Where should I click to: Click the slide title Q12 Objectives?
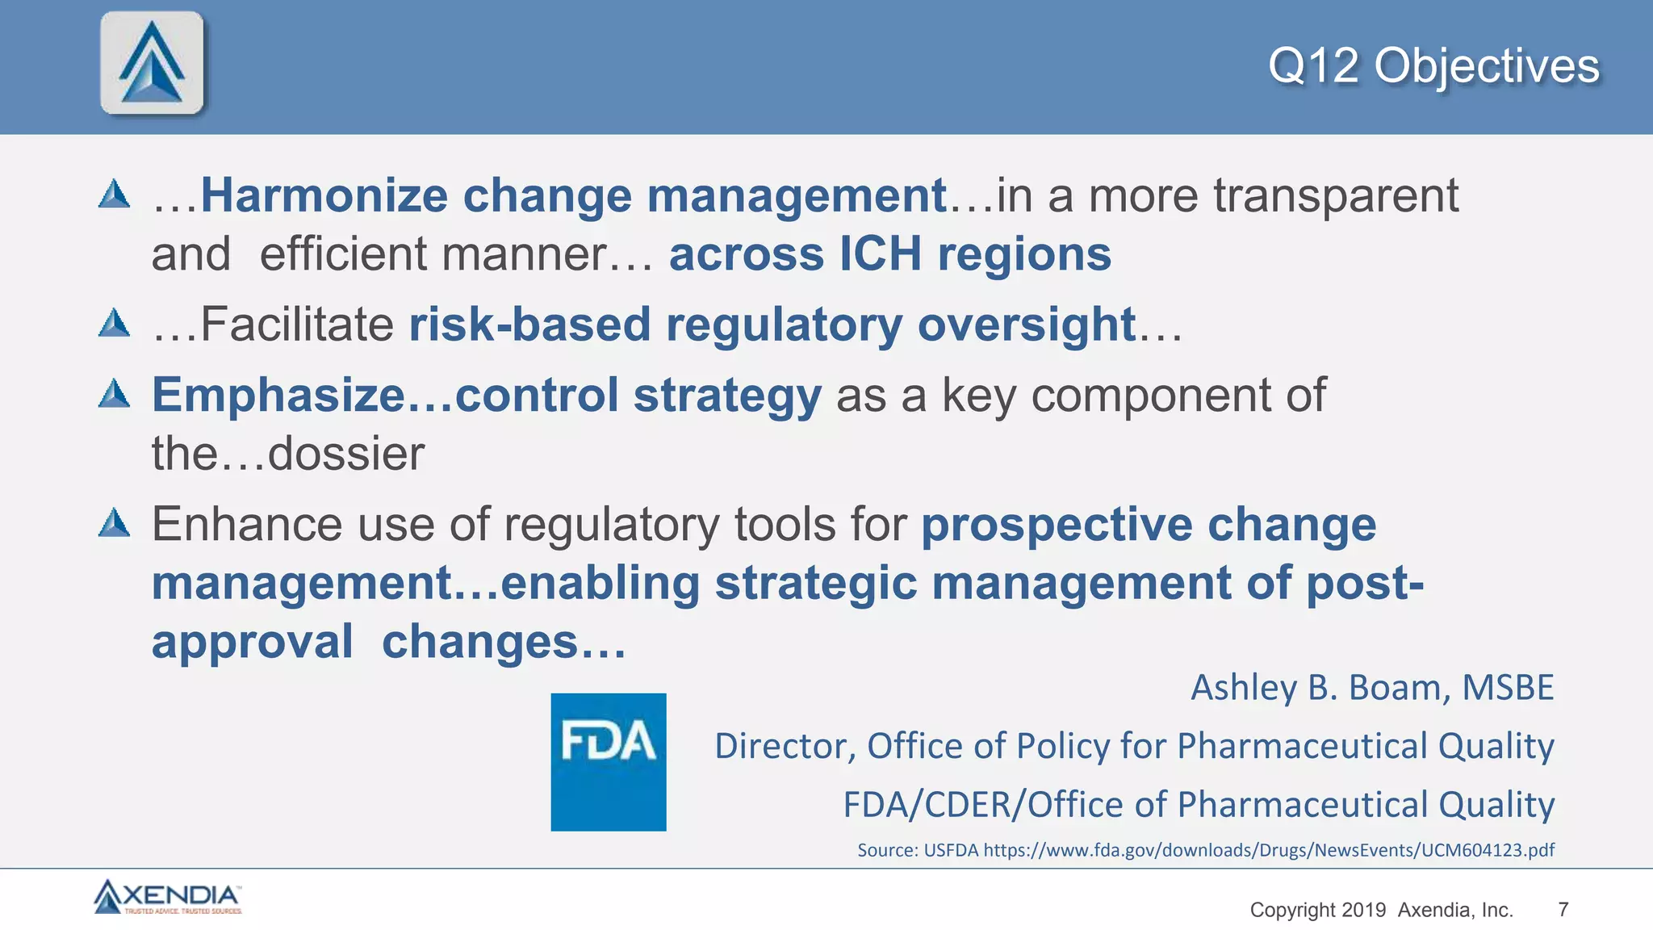(x=1433, y=66)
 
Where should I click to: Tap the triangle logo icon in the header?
(x=152, y=63)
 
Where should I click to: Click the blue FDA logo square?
(x=609, y=761)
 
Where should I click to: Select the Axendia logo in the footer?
(x=168, y=897)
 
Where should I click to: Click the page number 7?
(x=1563, y=910)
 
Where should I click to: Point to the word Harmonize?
(x=324, y=196)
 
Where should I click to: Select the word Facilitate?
(x=297, y=325)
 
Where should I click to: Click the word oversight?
(x=1027, y=325)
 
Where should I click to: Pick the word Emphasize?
(x=278, y=396)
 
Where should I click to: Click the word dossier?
(x=345, y=454)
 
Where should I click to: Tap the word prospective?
(x=1057, y=526)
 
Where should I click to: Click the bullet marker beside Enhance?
(x=115, y=523)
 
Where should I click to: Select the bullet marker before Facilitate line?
(x=115, y=324)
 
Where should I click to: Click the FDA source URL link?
(x=1268, y=850)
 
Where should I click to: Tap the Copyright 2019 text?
(x=1317, y=910)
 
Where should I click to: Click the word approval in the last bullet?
(x=252, y=643)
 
